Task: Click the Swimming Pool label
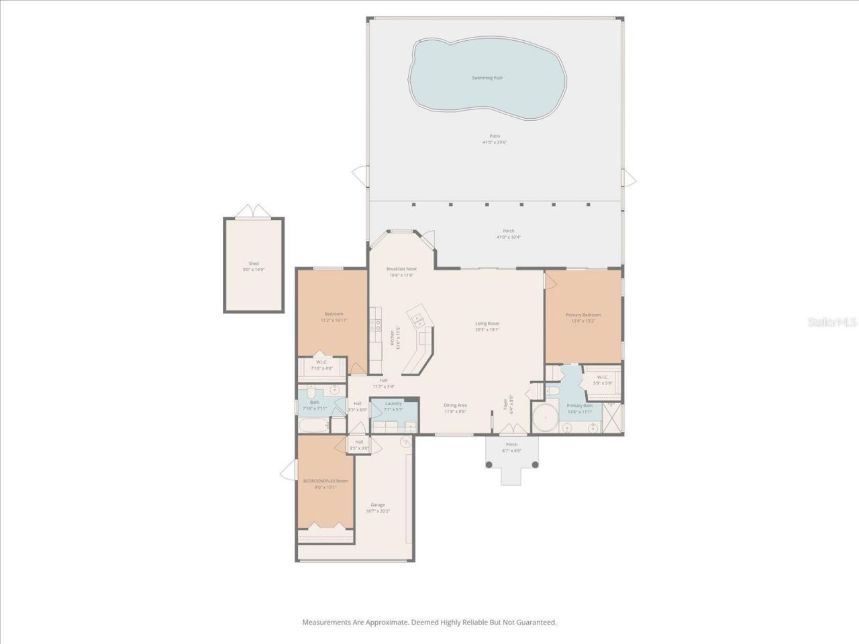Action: [x=487, y=78]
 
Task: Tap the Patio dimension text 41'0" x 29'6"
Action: [x=495, y=142]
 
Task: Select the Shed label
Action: [x=253, y=264]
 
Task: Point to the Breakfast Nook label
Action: [x=401, y=268]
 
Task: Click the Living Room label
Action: [x=487, y=323]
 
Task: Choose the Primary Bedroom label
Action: [x=583, y=315]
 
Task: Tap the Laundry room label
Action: [x=393, y=403]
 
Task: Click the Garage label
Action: [x=378, y=504]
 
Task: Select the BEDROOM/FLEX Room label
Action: [x=325, y=481]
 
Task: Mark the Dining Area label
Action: [x=455, y=405]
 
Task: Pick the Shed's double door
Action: [x=253, y=212]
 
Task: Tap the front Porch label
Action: [x=511, y=444]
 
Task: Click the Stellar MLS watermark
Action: [x=831, y=323]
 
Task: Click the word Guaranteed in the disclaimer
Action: [x=534, y=623]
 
